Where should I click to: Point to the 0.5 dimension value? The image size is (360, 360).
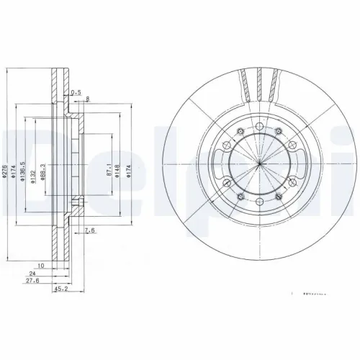click(76, 91)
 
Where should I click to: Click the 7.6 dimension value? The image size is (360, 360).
click(89, 230)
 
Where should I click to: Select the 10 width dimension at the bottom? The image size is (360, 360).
click(42, 266)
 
